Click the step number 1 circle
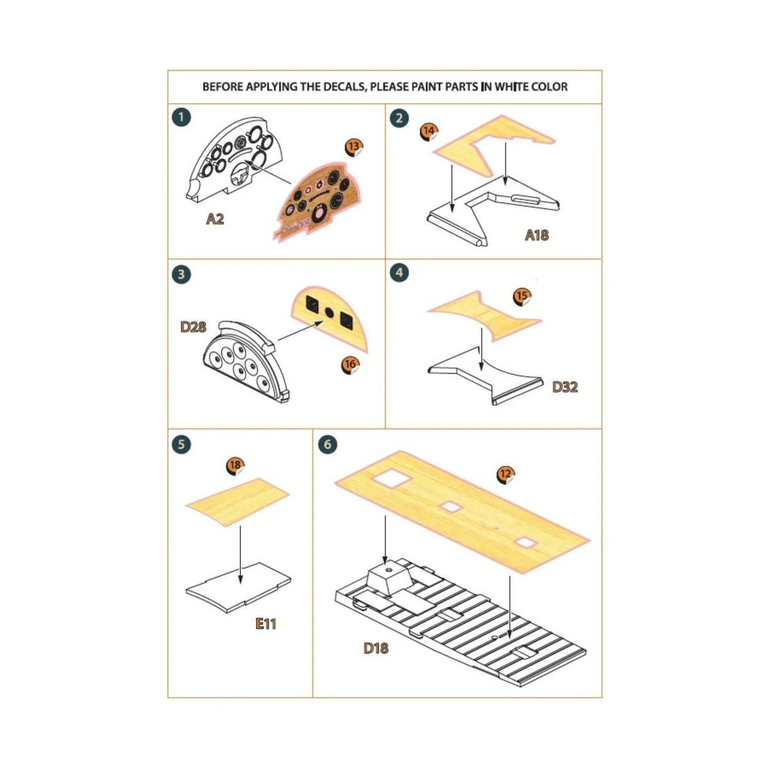(x=182, y=117)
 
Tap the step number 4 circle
(x=399, y=272)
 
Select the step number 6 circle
(x=327, y=444)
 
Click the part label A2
(x=215, y=219)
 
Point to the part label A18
(x=536, y=235)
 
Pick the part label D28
(x=193, y=327)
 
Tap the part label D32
(x=565, y=387)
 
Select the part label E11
(x=265, y=624)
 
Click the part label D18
(x=376, y=648)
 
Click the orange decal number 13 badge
(x=354, y=147)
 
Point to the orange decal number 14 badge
(x=429, y=131)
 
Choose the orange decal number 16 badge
(x=350, y=365)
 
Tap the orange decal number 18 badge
(x=235, y=465)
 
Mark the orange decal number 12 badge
(x=506, y=474)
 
